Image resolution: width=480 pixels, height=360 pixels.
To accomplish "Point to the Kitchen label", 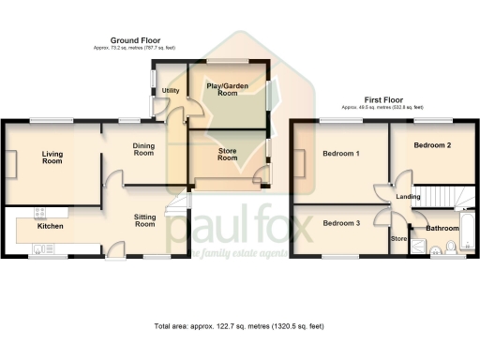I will coord(50,227).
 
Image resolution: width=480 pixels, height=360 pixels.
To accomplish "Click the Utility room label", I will coord(171,91).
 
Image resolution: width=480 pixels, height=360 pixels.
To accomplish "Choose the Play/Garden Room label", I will coord(227,90).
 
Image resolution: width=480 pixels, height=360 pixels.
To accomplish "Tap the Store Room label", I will coord(227,154).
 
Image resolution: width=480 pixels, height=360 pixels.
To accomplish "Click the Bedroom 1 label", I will coord(341,153).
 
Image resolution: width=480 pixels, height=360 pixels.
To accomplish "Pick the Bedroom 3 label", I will coord(341,223).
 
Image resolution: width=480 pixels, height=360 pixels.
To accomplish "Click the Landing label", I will coord(408,196).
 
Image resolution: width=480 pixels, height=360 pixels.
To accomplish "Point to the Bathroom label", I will coord(442,228).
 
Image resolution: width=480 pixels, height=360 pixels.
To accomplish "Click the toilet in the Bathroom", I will coord(452,247).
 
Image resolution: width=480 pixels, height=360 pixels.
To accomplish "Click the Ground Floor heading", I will coord(135,41).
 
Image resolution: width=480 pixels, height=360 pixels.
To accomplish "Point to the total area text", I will coord(239,325).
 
